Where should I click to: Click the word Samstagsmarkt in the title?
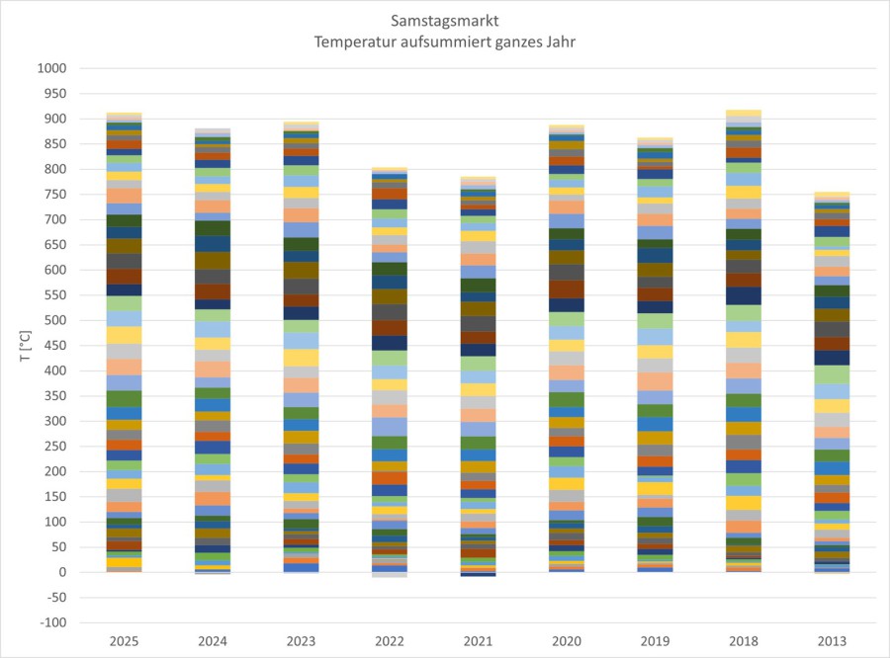click(x=445, y=20)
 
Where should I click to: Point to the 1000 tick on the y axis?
click(x=50, y=69)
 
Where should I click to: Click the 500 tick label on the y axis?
click(x=54, y=320)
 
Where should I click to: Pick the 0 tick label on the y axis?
click(x=61, y=572)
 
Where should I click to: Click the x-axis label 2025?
click(x=125, y=641)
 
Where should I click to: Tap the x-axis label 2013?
click(x=832, y=641)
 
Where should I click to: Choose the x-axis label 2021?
click(x=479, y=641)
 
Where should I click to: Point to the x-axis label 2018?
click(x=744, y=641)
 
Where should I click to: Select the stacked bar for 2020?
click(x=567, y=346)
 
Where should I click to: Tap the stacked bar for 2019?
click(x=655, y=356)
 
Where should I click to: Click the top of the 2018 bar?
click(x=744, y=112)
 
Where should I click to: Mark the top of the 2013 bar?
click(x=832, y=194)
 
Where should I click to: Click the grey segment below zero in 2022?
click(x=390, y=574)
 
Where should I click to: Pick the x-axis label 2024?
click(x=213, y=641)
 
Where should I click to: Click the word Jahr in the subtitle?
click(x=560, y=41)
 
